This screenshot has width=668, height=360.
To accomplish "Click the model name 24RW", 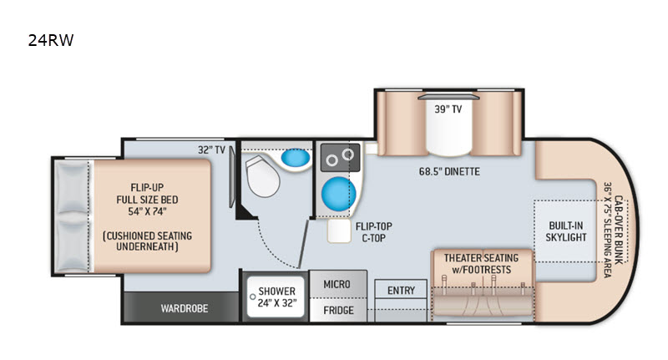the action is pos(51,40).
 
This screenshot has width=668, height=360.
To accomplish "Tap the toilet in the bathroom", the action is pos(262,176).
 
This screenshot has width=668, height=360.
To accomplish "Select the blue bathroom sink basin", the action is pos(296,158).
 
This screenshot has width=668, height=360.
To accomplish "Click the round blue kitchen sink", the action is pos(339,194).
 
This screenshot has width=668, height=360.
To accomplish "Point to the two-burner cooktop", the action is pos(341,158).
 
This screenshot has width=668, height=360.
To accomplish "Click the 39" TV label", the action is pos(448,109).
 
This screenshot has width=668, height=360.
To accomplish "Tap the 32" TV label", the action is pos(211,150).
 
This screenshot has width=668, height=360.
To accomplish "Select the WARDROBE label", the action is pos(185,308).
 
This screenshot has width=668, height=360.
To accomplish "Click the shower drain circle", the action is pos(253,297).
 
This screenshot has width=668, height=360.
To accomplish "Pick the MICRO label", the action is pos(337,284).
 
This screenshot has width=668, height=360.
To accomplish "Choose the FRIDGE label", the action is pos(338,310).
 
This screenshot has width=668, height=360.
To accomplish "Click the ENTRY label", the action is pos(401,291).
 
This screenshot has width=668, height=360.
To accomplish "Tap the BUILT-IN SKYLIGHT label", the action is pos(566,231).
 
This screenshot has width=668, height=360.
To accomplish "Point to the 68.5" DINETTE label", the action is pos(449,172).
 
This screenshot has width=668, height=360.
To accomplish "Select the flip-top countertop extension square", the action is pos(339,231).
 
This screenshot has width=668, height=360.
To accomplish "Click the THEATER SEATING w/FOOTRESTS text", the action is pos(482,264).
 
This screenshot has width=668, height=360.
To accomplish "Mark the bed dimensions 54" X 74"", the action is pos(148,211).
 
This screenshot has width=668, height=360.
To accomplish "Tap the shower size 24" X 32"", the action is pos(277,303).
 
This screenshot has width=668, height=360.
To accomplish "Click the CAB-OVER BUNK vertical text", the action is pos(619,230).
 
